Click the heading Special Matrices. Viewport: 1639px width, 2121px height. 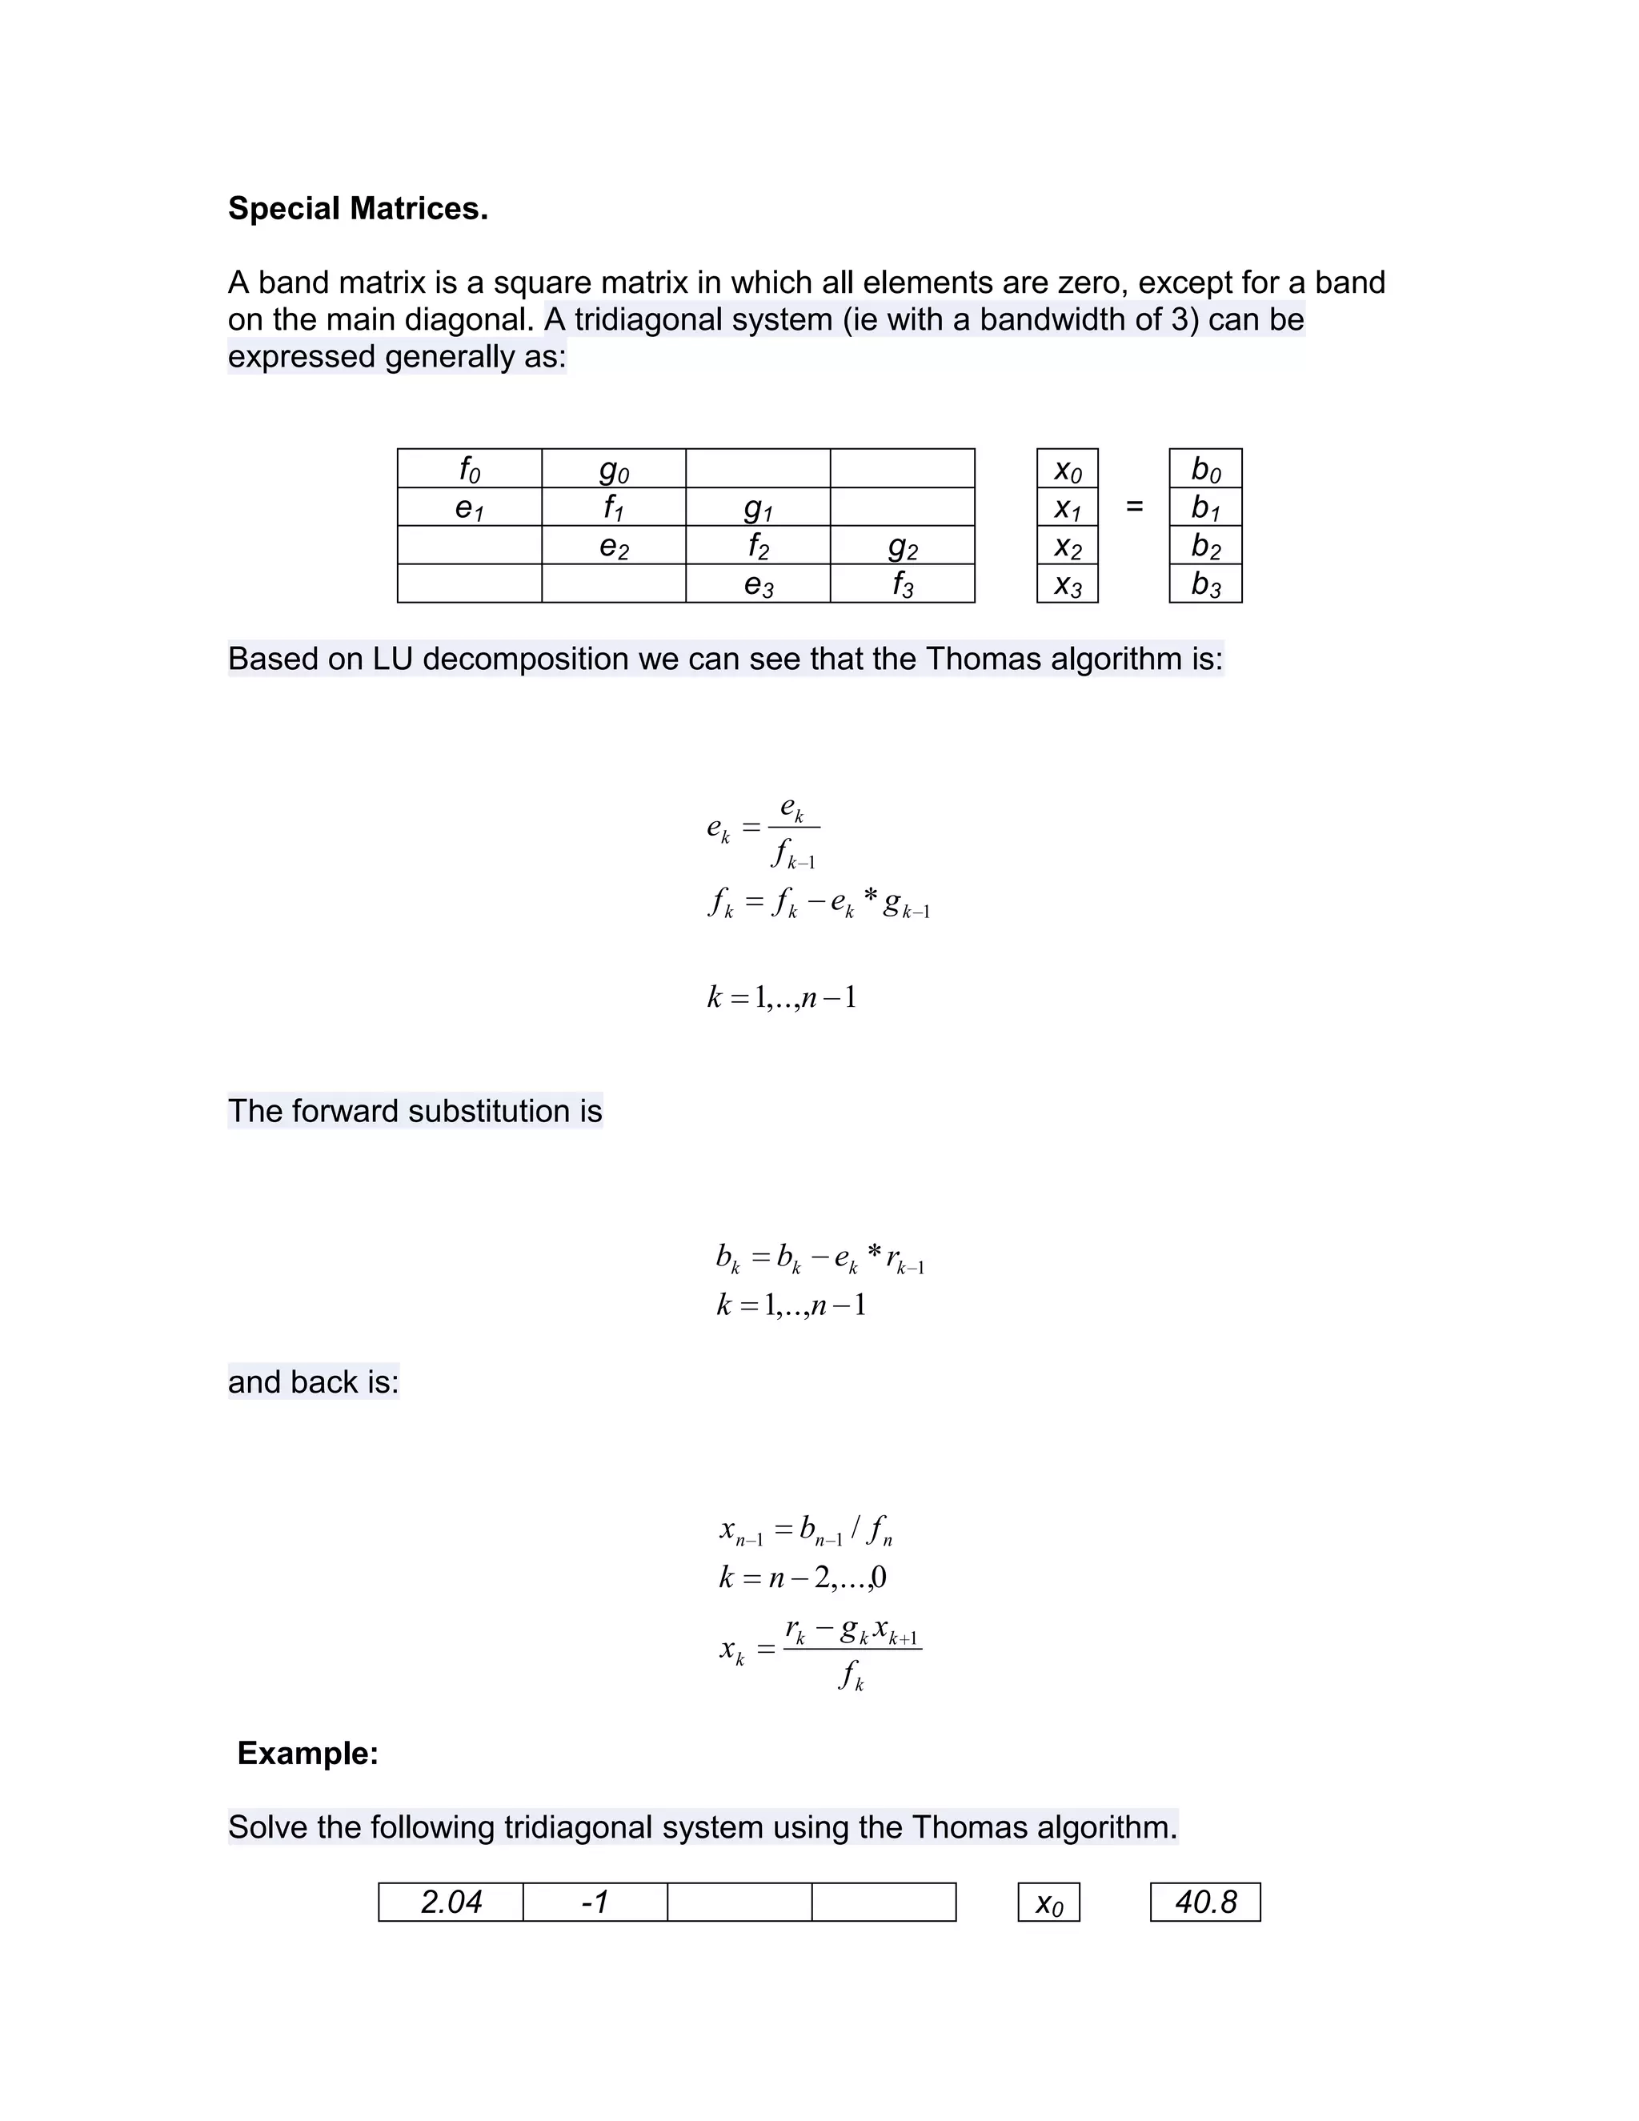point(357,208)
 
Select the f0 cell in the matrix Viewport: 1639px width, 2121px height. point(469,469)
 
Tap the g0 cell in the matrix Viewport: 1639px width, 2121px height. point(614,469)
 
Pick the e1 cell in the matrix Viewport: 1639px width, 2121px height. point(469,507)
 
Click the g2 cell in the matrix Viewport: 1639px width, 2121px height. point(902,546)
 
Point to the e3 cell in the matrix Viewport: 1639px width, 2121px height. point(757,583)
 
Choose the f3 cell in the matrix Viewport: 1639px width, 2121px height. point(902,583)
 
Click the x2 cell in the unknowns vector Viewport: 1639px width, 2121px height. point(1067,546)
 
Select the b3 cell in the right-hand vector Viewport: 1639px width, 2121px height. point(1205,583)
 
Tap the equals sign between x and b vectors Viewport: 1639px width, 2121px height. point(1134,506)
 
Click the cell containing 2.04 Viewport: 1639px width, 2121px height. point(451,1902)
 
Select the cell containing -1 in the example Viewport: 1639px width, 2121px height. point(595,1902)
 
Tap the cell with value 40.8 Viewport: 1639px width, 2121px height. point(1205,1902)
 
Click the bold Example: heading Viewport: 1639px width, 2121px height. point(308,1753)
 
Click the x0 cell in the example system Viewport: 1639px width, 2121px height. point(1048,1902)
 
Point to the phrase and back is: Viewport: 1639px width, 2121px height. point(313,1381)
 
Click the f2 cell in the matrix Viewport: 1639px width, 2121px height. point(757,546)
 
